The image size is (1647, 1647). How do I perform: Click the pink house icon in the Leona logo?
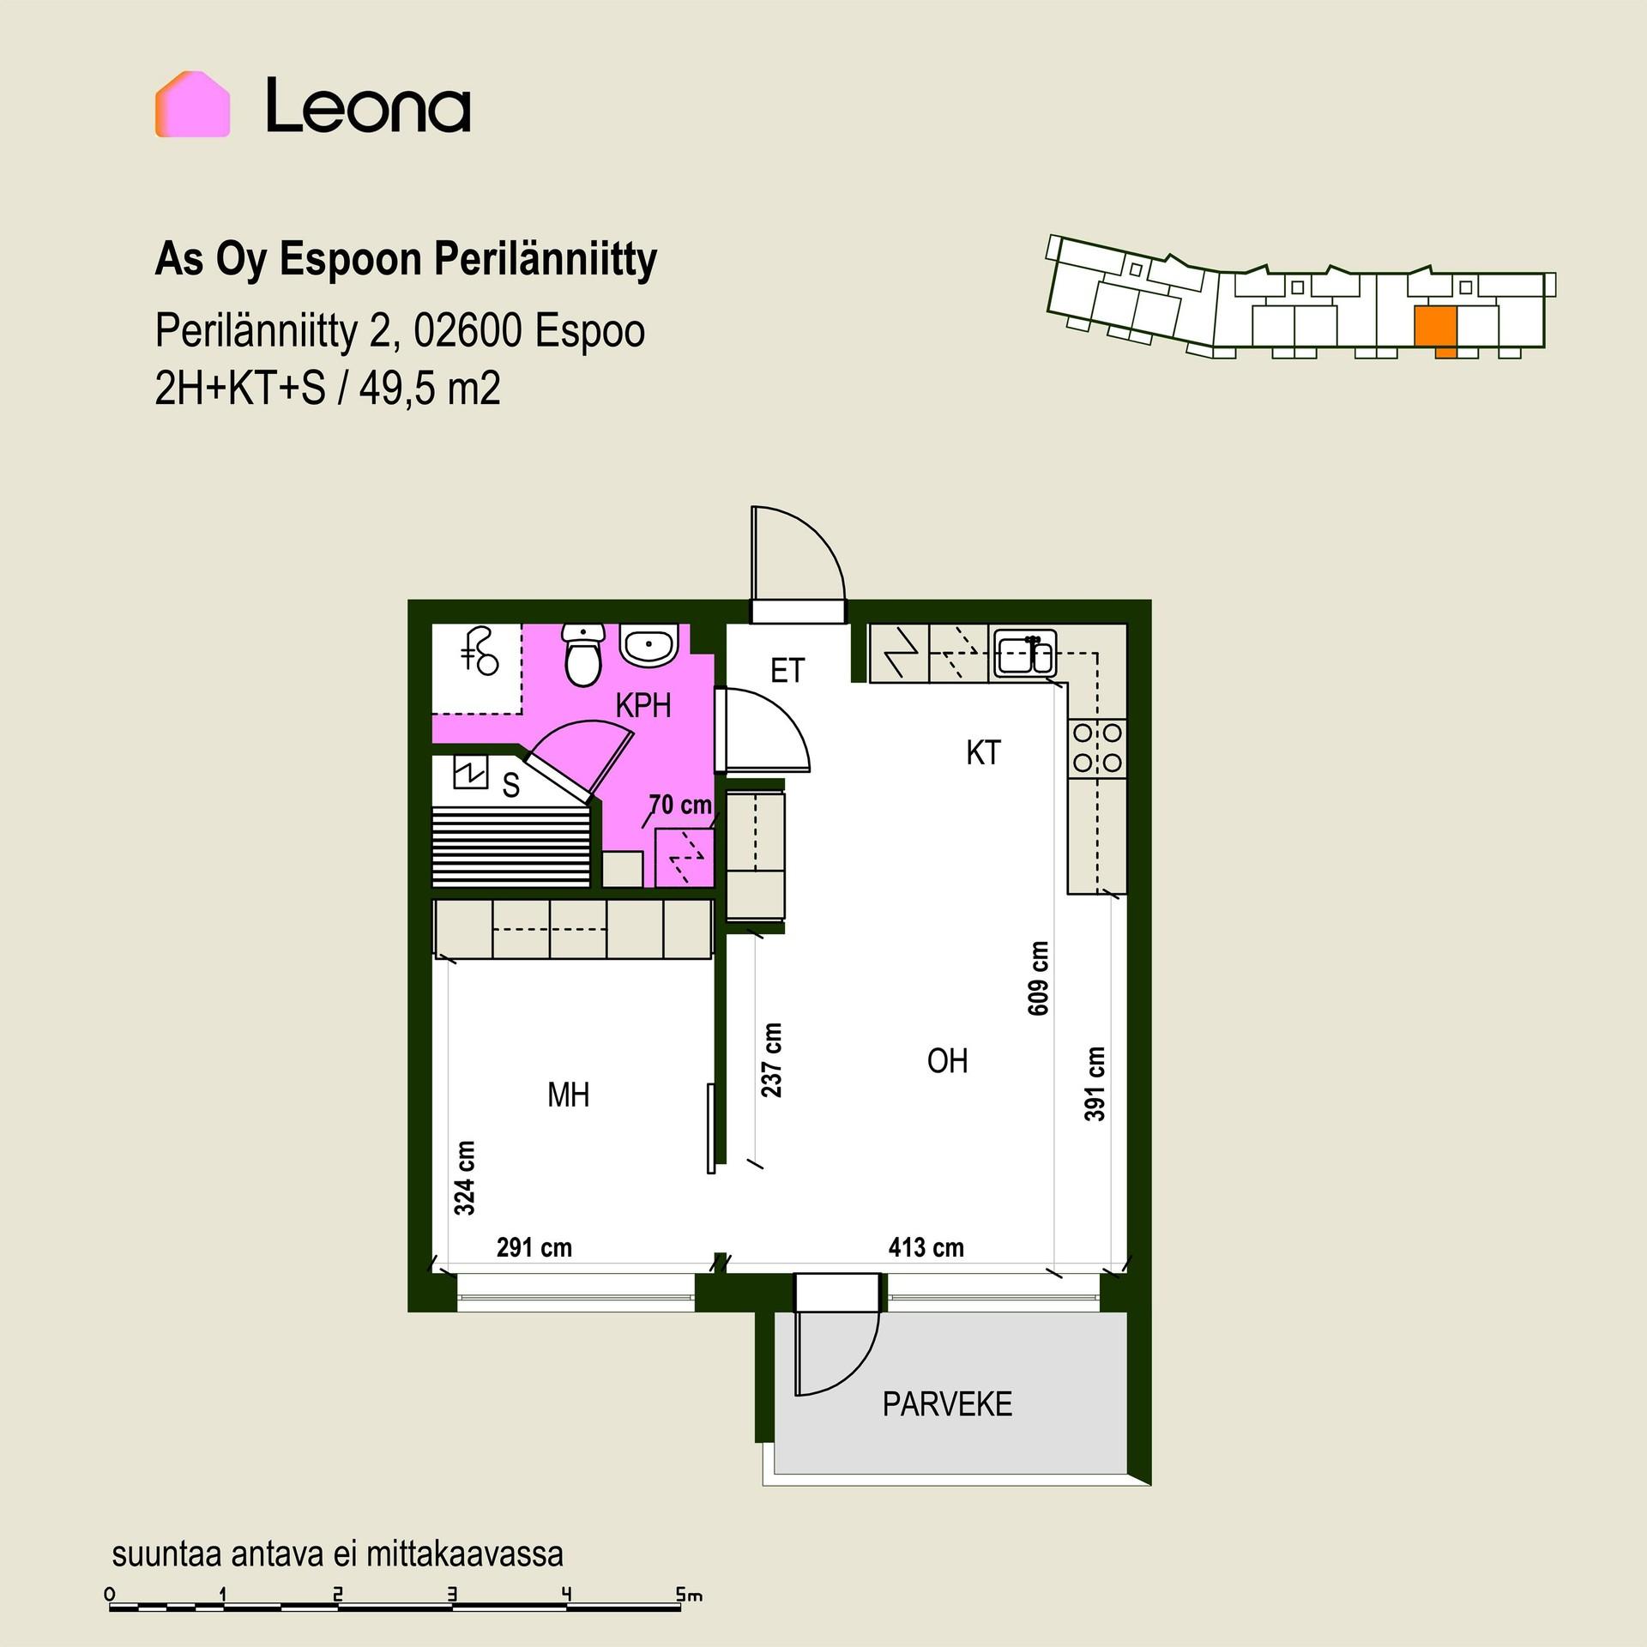tap(192, 105)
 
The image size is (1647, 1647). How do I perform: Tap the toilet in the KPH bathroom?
tap(583, 655)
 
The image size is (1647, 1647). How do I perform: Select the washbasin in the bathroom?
tap(649, 644)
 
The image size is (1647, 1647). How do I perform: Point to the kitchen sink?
tap(1025, 654)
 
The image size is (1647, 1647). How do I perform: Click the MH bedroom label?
tap(568, 1095)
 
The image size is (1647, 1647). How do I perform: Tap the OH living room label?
tap(947, 1061)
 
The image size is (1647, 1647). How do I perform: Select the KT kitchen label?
tap(983, 752)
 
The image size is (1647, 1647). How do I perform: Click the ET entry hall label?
tap(787, 670)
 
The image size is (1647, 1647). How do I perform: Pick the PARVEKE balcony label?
tap(947, 1404)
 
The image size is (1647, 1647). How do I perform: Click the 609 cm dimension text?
tap(1038, 978)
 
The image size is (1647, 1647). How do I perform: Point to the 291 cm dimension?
tap(534, 1246)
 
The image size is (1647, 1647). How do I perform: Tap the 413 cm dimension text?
tap(926, 1246)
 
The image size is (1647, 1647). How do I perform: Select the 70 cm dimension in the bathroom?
tap(680, 805)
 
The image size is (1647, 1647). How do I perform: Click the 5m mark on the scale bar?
tap(689, 1595)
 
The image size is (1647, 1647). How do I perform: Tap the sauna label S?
tap(511, 785)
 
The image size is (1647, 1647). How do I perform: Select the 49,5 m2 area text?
tap(430, 389)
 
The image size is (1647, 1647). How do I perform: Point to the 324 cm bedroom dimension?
tap(464, 1178)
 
